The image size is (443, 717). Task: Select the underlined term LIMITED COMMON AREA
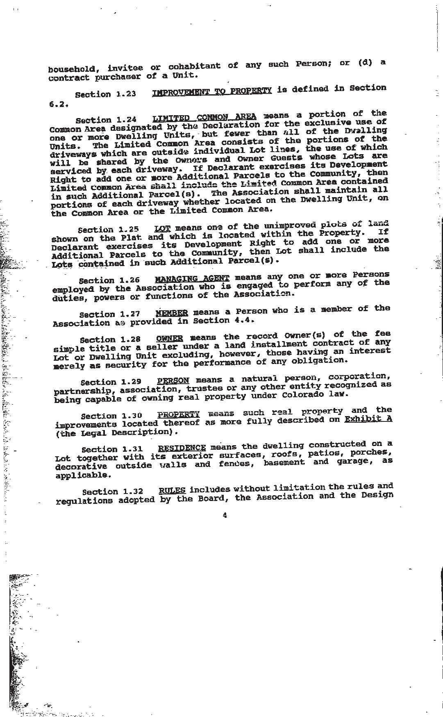[x=204, y=118]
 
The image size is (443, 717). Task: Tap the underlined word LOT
[x=162, y=228]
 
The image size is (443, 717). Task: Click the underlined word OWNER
[x=169, y=339]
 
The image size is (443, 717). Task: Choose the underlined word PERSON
[x=173, y=380]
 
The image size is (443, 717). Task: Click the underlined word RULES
[x=172, y=490]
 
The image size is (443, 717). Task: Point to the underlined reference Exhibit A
[x=368, y=419]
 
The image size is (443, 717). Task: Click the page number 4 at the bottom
[x=225, y=515]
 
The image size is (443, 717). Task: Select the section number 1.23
[x=125, y=94]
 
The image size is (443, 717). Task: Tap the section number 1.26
[x=129, y=280]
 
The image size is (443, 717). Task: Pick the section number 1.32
[x=133, y=492]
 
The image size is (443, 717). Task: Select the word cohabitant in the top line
[x=194, y=66]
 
